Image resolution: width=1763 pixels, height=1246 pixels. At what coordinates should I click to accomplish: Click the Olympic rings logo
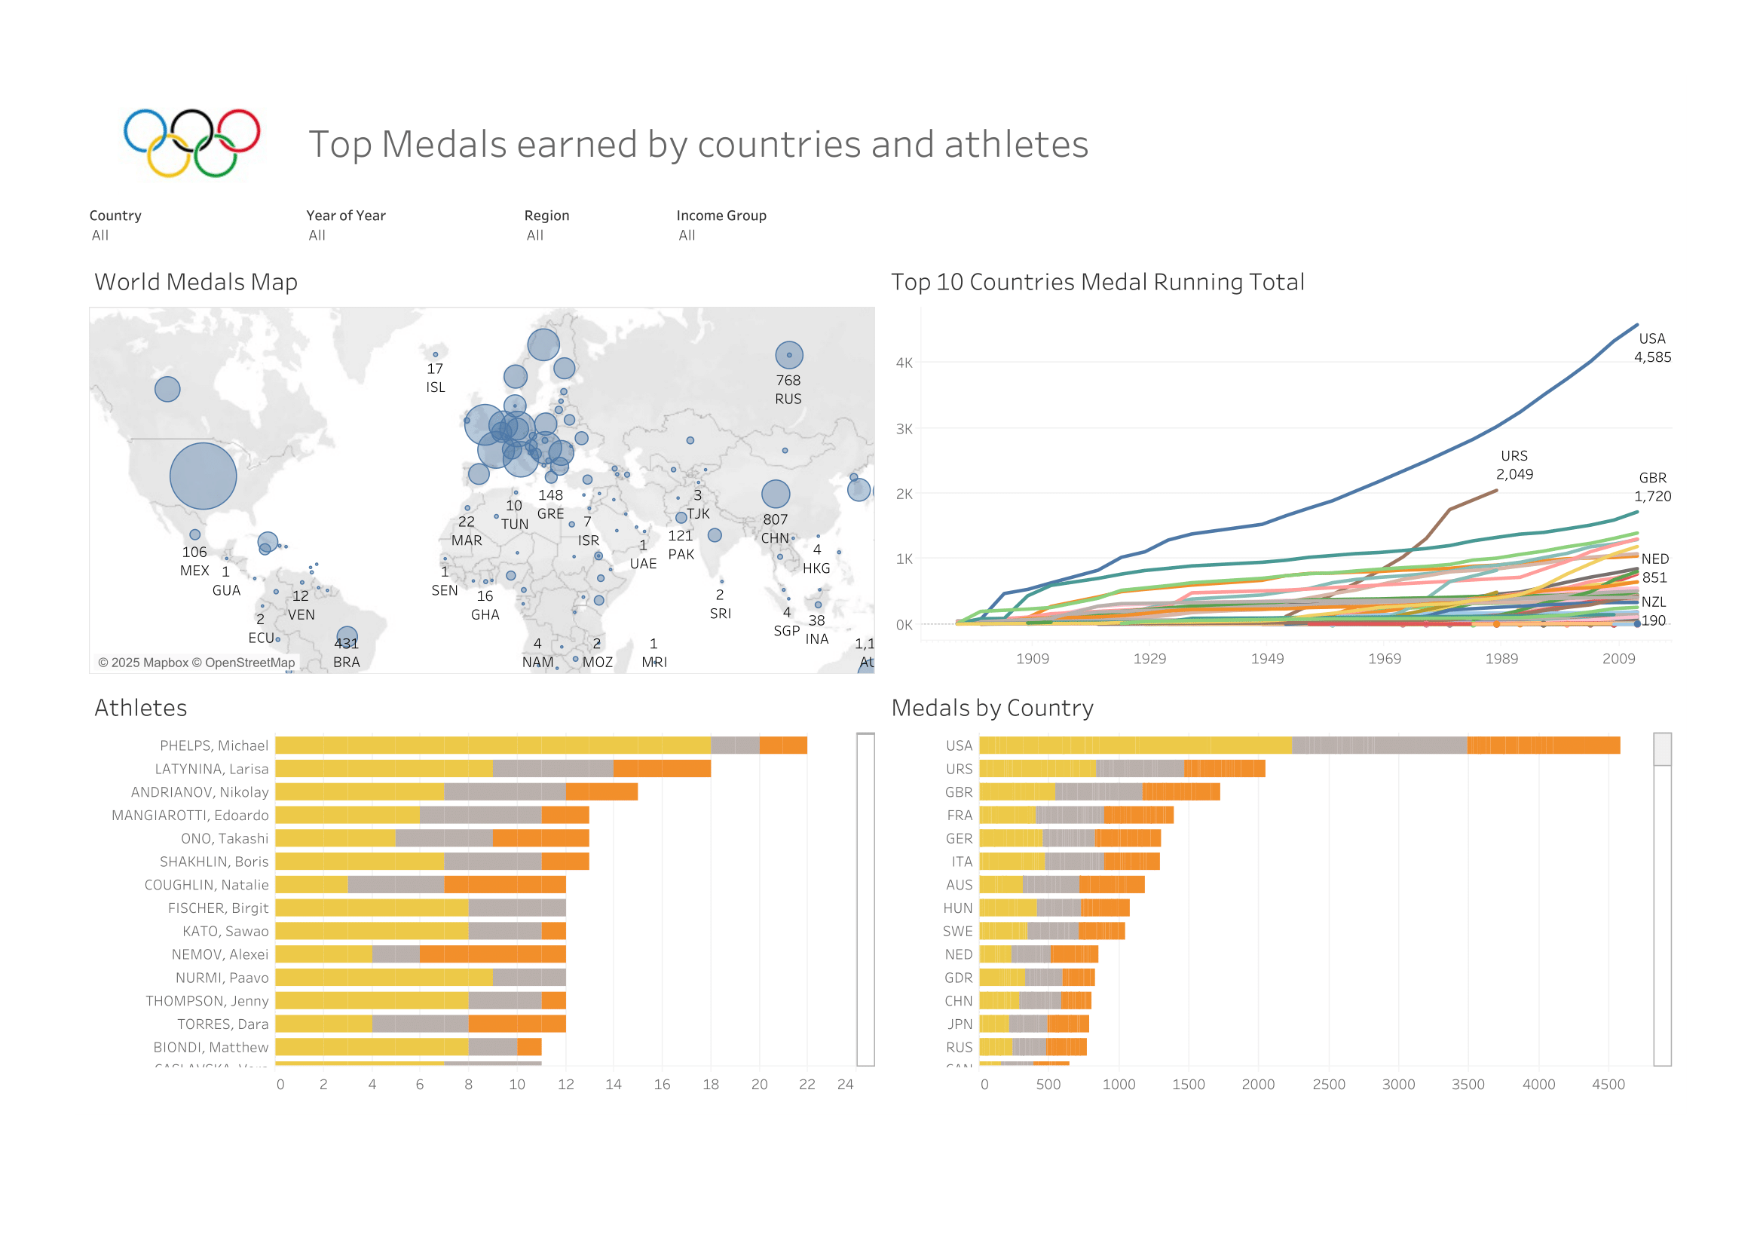[x=192, y=142]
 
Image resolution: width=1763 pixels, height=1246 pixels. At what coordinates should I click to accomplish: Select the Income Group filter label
[x=721, y=216]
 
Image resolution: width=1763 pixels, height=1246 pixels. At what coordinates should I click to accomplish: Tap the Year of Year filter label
[x=345, y=216]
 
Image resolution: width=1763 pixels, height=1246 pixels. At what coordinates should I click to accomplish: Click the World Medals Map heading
[x=196, y=283]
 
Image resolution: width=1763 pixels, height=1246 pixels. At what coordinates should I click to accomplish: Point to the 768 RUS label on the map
[x=788, y=390]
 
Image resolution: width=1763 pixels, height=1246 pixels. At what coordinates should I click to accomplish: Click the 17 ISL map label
[x=436, y=378]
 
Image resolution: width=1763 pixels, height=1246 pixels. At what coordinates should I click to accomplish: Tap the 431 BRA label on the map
[x=346, y=654]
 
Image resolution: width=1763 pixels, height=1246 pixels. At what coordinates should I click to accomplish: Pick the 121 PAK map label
[x=681, y=545]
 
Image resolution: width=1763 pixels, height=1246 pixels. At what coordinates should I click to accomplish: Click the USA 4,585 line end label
[x=1651, y=347]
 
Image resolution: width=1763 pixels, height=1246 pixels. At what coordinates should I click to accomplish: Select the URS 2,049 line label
[x=1514, y=465]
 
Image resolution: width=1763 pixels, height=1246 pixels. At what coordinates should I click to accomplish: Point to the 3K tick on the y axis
[x=904, y=429]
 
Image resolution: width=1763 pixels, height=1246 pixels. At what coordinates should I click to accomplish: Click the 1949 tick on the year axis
[x=1267, y=659]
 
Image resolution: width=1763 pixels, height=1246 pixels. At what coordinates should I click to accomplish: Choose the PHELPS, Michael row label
[x=213, y=745]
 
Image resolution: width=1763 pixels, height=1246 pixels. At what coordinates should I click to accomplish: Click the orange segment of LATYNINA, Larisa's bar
[x=661, y=769]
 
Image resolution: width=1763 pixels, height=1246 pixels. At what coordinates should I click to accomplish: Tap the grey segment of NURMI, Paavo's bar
[x=529, y=978]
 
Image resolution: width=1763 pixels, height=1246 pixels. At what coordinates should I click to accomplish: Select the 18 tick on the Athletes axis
[x=710, y=1085]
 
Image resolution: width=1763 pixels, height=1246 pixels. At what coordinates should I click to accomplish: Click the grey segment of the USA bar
[x=1379, y=745]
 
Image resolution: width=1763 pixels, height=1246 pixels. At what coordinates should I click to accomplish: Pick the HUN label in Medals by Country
[x=957, y=908]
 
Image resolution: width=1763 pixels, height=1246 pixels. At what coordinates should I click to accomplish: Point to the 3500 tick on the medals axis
[x=1468, y=1085]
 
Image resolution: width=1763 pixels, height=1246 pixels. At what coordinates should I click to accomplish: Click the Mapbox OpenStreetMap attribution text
[x=197, y=663]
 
